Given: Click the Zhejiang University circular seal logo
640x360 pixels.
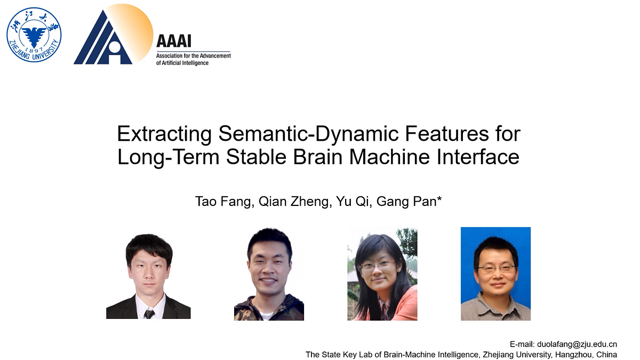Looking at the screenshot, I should click(34, 35).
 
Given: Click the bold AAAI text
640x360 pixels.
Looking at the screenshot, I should click(173, 41).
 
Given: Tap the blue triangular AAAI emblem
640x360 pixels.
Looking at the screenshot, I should click(103, 41).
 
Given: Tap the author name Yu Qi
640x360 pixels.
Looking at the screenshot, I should click(346, 203).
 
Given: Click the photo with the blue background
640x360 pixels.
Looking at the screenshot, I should click(495, 273).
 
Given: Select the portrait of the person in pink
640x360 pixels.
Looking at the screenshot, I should click(382, 273).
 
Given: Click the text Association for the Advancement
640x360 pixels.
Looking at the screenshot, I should click(194, 56).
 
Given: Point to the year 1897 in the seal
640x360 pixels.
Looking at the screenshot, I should click(34, 50).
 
